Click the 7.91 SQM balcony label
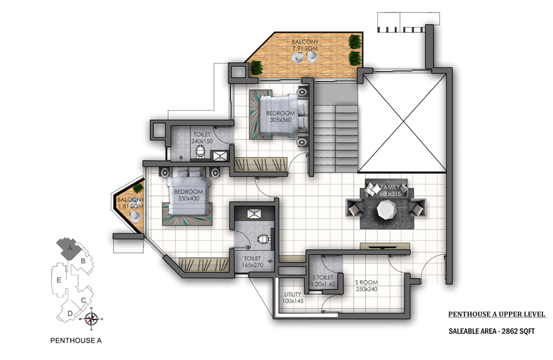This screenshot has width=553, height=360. (305, 45)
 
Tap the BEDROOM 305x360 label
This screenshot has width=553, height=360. (280, 117)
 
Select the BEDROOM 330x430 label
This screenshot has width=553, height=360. (189, 195)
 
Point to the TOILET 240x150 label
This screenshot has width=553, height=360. (202, 137)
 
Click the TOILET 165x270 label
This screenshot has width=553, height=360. (253, 261)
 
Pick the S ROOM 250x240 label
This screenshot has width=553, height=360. (366, 285)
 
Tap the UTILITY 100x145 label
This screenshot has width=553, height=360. (292, 297)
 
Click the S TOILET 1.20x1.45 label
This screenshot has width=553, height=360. (322, 281)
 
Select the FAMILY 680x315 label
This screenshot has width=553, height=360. (390, 190)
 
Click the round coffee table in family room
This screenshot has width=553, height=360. (386, 209)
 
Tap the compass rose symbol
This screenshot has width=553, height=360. (92, 319)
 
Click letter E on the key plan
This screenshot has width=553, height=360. (59, 280)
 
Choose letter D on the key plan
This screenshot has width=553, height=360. (70, 313)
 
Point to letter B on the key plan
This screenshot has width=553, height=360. (83, 261)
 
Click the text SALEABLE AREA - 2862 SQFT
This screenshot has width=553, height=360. (492, 331)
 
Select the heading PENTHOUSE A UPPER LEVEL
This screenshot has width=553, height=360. (497, 314)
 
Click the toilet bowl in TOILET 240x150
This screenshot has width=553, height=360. (201, 152)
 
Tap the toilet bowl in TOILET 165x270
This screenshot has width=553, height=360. (263, 239)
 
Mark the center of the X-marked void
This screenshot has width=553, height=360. (403, 123)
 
